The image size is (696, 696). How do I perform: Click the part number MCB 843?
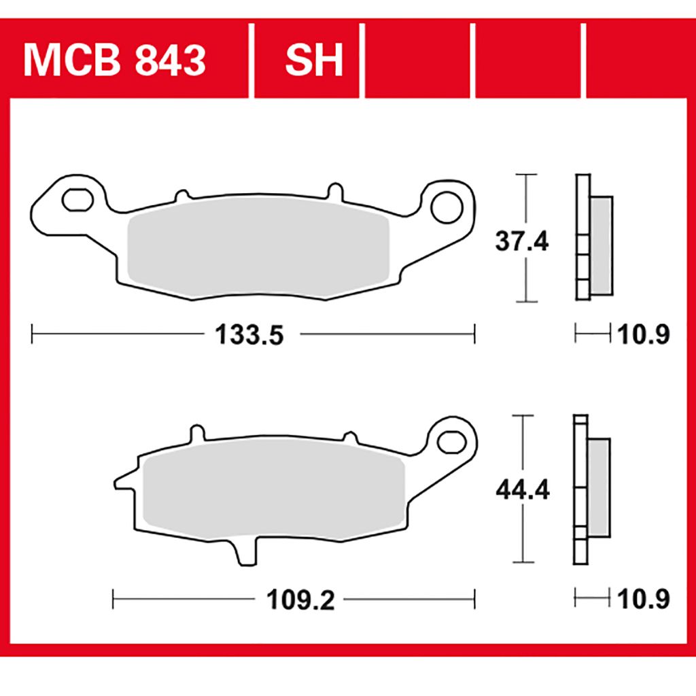[x=114, y=60]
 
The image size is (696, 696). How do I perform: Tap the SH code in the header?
[x=314, y=60]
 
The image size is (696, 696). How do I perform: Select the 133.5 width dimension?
[x=249, y=334]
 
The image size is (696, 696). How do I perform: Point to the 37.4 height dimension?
[x=522, y=242]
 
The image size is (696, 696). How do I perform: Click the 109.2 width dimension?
[x=300, y=600]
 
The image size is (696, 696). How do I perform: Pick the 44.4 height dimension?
[x=523, y=490]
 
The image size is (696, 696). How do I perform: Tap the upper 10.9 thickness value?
[x=643, y=334]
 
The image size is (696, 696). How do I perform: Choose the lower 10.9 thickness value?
[x=643, y=599]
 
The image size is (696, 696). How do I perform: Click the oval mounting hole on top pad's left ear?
[x=77, y=200]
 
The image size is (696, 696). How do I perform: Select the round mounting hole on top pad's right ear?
[x=447, y=207]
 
